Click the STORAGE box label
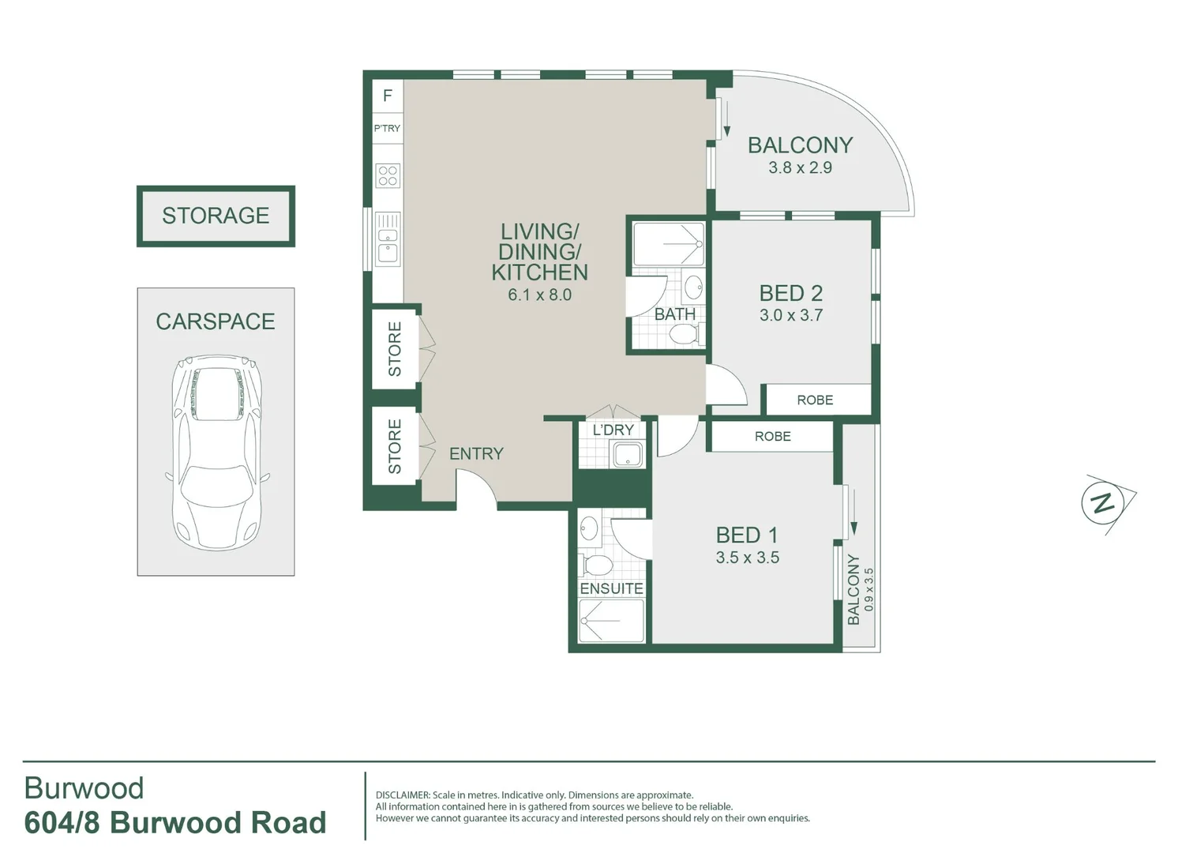(x=216, y=216)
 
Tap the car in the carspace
(x=216, y=452)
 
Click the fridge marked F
(x=388, y=96)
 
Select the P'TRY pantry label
(x=387, y=128)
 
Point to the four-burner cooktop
(x=388, y=175)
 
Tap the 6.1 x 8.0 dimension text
(x=539, y=295)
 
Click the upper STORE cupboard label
(x=395, y=349)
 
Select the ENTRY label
(x=476, y=453)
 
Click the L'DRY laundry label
(x=613, y=430)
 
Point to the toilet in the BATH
(x=684, y=335)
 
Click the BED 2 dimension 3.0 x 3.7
(x=791, y=315)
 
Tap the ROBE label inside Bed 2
(x=815, y=400)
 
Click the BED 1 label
(x=747, y=535)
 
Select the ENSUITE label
(x=611, y=588)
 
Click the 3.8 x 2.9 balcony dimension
(x=800, y=167)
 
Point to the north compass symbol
(x=1104, y=502)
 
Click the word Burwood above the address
(x=84, y=788)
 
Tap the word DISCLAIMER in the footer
(x=403, y=795)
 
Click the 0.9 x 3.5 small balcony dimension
(x=869, y=589)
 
